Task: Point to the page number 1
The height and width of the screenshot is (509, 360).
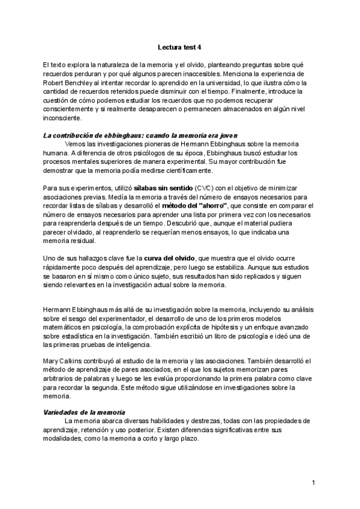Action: [x=313, y=483]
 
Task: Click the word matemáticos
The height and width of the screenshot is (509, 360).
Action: [x=64, y=327]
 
